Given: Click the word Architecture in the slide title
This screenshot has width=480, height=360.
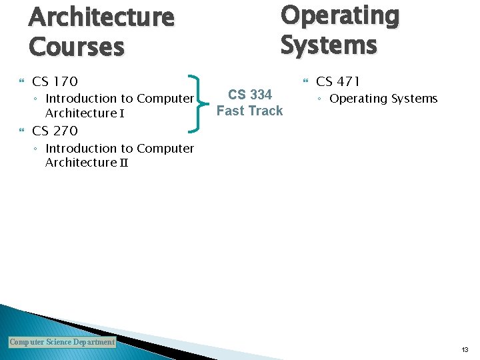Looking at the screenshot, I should (101, 17).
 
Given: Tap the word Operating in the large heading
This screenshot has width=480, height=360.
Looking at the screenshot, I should (339, 15).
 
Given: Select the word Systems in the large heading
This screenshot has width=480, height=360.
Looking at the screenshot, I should (328, 45).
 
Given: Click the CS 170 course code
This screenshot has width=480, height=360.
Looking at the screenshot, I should (55, 81).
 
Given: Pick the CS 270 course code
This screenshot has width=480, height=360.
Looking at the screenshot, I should (55, 131).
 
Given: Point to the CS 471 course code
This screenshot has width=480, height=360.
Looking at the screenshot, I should (338, 81).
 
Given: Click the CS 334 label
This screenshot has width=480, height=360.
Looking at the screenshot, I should (250, 95).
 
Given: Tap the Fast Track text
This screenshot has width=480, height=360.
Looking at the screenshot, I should (250, 111).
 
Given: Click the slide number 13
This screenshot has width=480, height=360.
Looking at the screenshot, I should (465, 349).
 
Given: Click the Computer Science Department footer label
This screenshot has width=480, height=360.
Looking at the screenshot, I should (62, 342).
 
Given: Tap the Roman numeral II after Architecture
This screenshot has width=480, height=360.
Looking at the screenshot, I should (123, 163).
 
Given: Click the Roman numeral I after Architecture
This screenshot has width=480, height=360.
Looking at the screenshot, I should (122, 113).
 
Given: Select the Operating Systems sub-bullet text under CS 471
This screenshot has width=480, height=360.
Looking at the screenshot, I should (383, 99).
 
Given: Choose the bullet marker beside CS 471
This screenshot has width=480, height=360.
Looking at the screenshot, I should (305, 82).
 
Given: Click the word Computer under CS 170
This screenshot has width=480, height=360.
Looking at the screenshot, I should (165, 99).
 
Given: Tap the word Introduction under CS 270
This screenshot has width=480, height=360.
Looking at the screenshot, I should (80, 148).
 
